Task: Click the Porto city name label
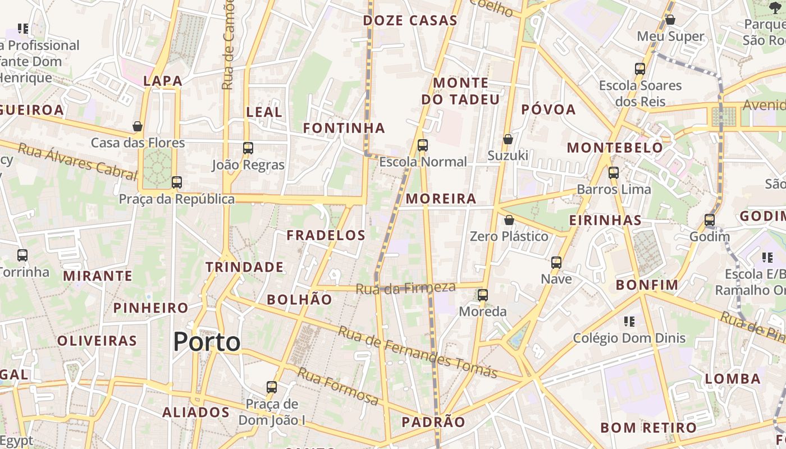pyautogui.click(x=207, y=341)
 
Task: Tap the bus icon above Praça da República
pyautogui.click(x=177, y=182)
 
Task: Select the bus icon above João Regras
pyautogui.click(x=248, y=148)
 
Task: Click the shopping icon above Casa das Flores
pyautogui.click(x=138, y=126)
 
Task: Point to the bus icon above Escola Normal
pyautogui.click(x=423, y=145)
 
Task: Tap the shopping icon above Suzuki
pyautogui.click(x=508, y=139)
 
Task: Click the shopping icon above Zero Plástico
pyautogui.click(x=509, y=219)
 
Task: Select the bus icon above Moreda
pyautogui.click(x=483, y=295)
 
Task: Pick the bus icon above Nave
pyautogui.click(x=556, y=262)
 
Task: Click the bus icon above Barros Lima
pyautogui.click(x=614, y=172)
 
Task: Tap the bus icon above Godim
pyautogui.click(x=710, y=220)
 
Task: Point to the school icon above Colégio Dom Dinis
pyautogui.click(x=629, y=322)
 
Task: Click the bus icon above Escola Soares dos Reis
pyautogui.click(x=640, y=69)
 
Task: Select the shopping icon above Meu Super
pyautogui.click(x=670, y=20)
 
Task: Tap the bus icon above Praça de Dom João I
pyautogui.click(x=272, y=387)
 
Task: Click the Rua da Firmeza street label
pyautogui.click(x=406, y=288)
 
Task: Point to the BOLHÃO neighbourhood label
pyautogui.click(x=299, y=300)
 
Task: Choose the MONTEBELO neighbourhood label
pyautogui.click(x=615, y=148)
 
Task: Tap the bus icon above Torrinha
pyautogui.click(x=22, y=255)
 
